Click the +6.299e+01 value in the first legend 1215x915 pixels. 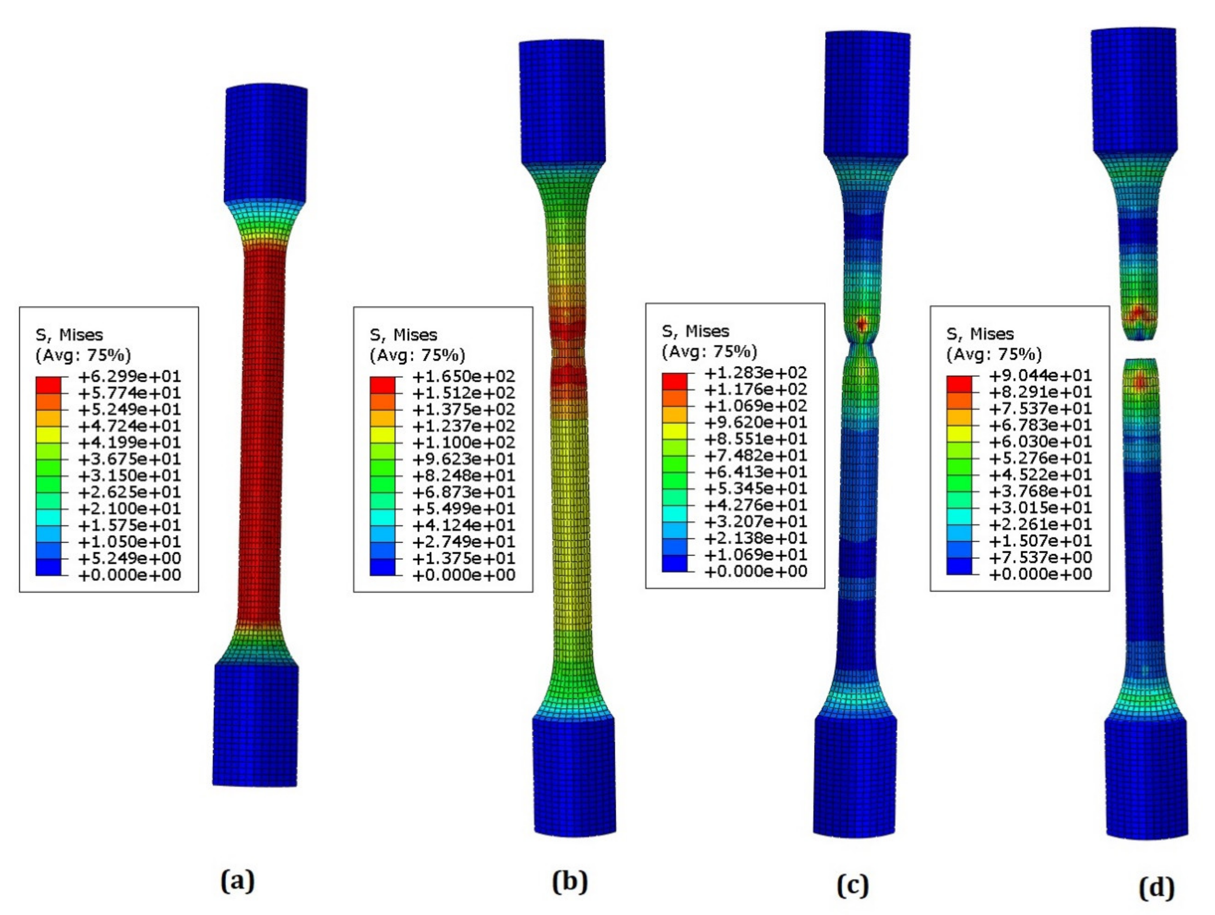(130, 376)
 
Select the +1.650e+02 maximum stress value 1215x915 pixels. (464, 376)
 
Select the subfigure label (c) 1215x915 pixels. (852, 885)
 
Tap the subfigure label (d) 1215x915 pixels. (1157, 888)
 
